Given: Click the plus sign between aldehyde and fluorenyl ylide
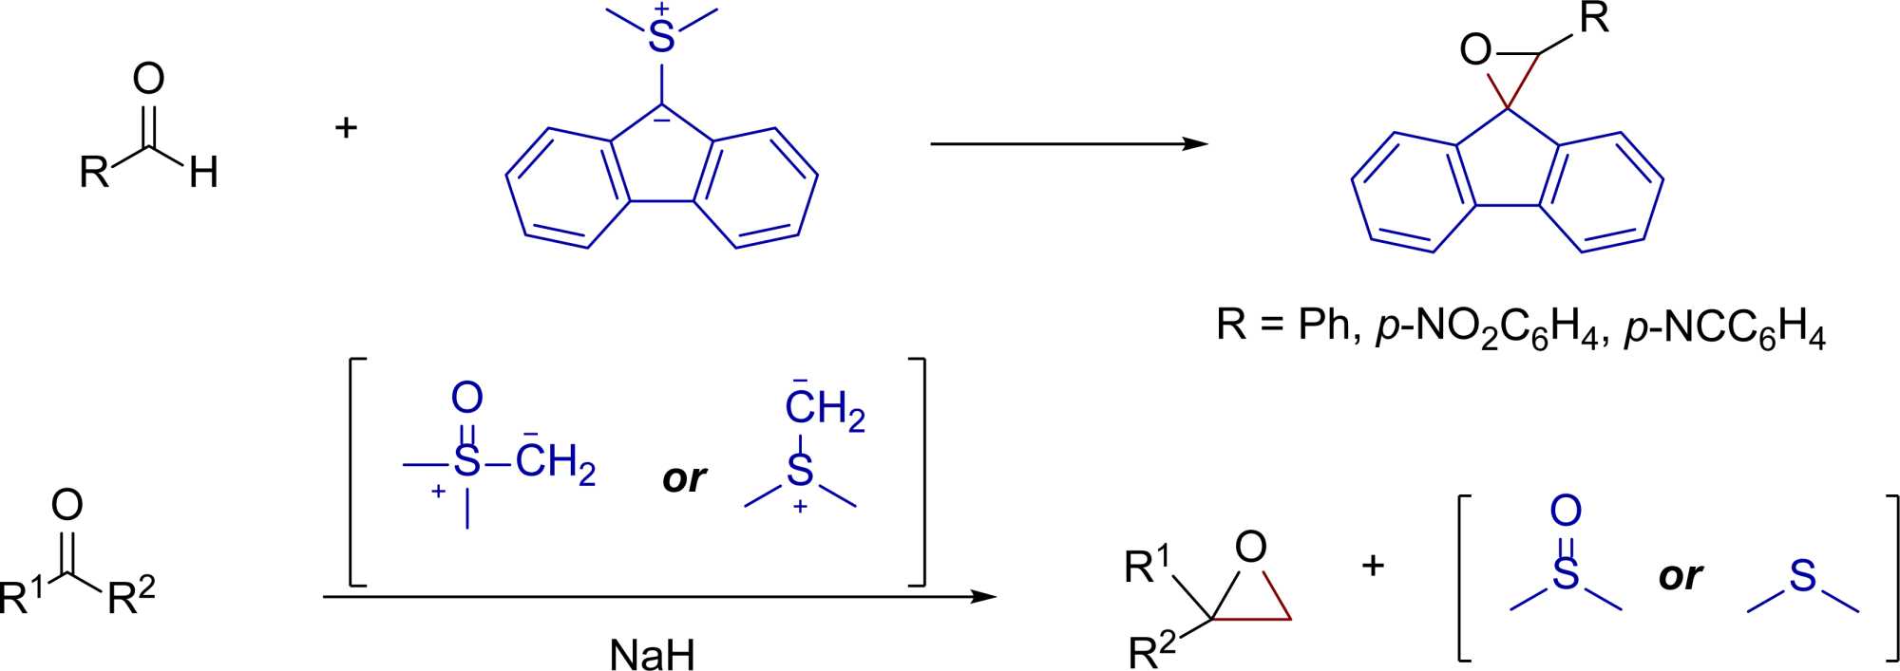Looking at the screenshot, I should click(346, 126).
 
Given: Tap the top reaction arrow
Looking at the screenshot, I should click(1068, 144).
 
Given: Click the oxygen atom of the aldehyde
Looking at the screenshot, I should click(149, 79).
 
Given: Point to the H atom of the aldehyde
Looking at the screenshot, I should click(204, 173).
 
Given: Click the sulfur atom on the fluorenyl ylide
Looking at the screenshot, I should click(661, 38).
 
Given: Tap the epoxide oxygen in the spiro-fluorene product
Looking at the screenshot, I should click(1475, 50).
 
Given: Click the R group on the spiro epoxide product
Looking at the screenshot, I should click(1593, 19).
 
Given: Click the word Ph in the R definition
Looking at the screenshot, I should click(1324, 326).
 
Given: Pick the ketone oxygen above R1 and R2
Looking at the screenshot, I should click(67, 505).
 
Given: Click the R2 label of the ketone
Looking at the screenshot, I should click(130, 597).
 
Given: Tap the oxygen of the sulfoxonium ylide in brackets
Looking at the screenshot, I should click(466, 398).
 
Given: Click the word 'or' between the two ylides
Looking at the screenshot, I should click(684, 478).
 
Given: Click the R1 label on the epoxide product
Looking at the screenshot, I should click(1148, 566).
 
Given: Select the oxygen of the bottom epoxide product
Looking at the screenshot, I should click(1251, 547).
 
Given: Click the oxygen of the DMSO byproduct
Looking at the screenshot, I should click(1566, 511).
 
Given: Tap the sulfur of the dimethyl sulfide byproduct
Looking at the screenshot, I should click(1802, 576).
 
